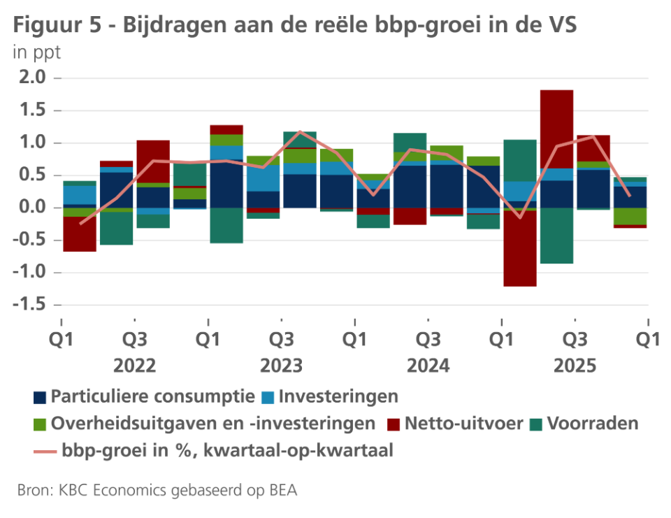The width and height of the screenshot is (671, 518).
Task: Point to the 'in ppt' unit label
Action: pos(36,52)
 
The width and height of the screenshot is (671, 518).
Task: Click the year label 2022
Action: pos(134,366)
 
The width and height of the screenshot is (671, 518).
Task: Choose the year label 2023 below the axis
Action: pos(281,366)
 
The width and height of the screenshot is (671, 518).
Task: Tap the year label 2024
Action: pos(428,366)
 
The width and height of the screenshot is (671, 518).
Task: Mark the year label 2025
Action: pos(575,366)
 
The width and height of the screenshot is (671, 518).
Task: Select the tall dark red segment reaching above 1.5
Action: pos(556,129)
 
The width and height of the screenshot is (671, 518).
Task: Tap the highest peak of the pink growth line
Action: pos(300,131)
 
